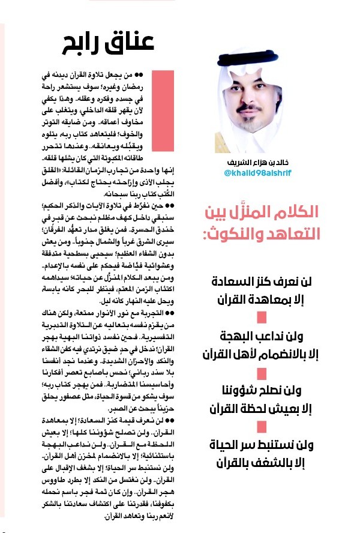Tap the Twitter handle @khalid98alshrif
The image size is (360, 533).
(262, 173)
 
